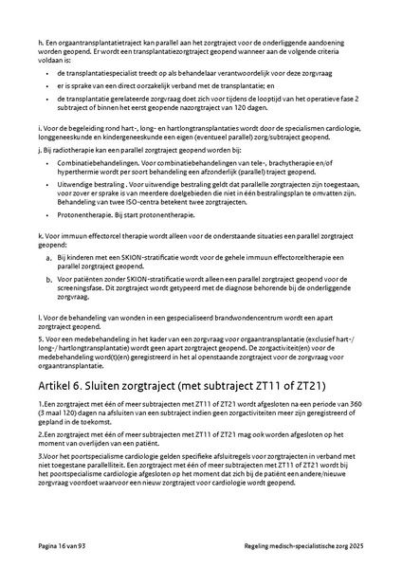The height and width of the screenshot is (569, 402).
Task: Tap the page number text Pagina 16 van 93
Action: [68, 548]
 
